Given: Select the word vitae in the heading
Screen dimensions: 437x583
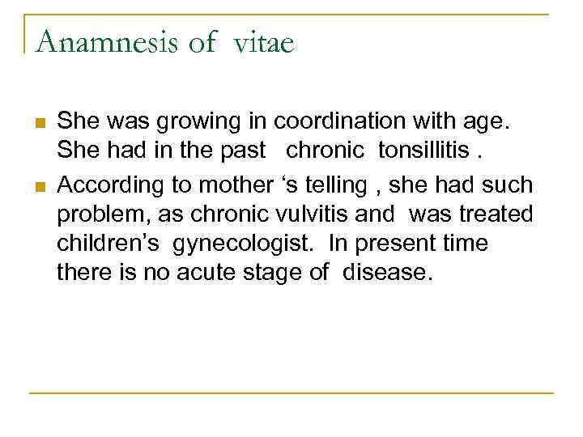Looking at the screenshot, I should (263, 41).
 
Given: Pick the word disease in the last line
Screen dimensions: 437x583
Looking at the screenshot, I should (387, 274).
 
